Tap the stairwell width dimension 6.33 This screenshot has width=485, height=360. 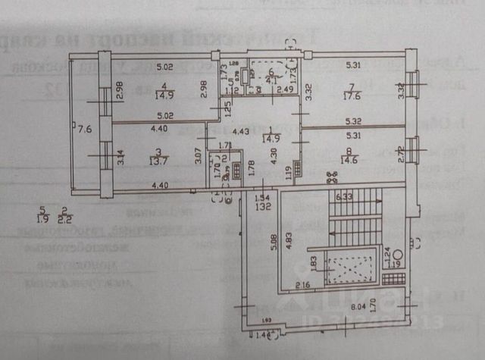pyautogui.click(x=343, y=197)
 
